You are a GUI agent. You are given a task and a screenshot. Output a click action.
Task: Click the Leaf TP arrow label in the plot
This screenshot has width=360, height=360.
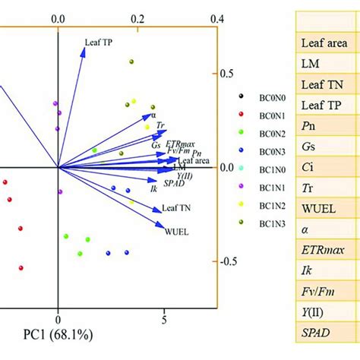pyautogui.click(x=99, y=43)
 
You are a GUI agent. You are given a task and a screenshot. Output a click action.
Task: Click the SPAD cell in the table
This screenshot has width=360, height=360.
pyautogui.click(x=316, y=333)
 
